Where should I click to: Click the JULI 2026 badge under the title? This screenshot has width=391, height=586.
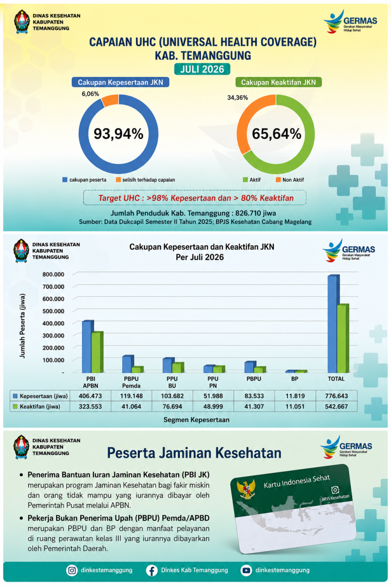pyautogui.click(x=202, y=69)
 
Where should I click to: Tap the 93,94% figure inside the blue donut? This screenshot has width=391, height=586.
pyautogui.click(x=119, y=134)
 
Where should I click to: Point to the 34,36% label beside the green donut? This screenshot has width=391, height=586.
pyautogui.click(x=238, y=98)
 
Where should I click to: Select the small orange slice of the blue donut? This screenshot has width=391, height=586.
pyautogui.click(x=110, y=101)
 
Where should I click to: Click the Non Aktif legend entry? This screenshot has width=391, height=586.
pyautogui.click(x=290, y=180)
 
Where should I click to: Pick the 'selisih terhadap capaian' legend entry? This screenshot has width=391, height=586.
pyautogui.click(x=145, y=180)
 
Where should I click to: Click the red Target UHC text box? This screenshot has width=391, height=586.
pyautogui.click(x=195, y=198)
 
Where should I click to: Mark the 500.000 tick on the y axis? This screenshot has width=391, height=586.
pyautogui.click(x=53, y=311)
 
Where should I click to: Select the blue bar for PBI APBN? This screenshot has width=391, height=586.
pyautogui.click(x=87, y=347)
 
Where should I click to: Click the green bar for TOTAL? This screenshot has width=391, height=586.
pyautogui.click(x=343, y=338)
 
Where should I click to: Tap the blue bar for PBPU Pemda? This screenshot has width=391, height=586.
pyautogui.click(x=128, y=364)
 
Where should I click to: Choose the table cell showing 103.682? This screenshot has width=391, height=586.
pyautogui.click(x=173, y=396)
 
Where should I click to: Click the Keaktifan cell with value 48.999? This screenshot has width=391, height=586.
pyautogui.click(x=213, y=406)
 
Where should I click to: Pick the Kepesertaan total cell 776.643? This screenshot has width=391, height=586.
pyautogui.click(x=337, y=396)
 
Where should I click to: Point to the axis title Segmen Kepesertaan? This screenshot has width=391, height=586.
pyautogui.click(x=196, y=420)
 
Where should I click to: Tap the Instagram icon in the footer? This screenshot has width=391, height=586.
pyautogui.click(x=72, y=570)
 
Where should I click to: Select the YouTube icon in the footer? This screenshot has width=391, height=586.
pyautogui.click(x=246, y=570)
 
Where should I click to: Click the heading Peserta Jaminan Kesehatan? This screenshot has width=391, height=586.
pyautogui.click(x=195, y=453)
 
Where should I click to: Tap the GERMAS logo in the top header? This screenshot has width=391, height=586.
pyautogui.click(x=350, y=21)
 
